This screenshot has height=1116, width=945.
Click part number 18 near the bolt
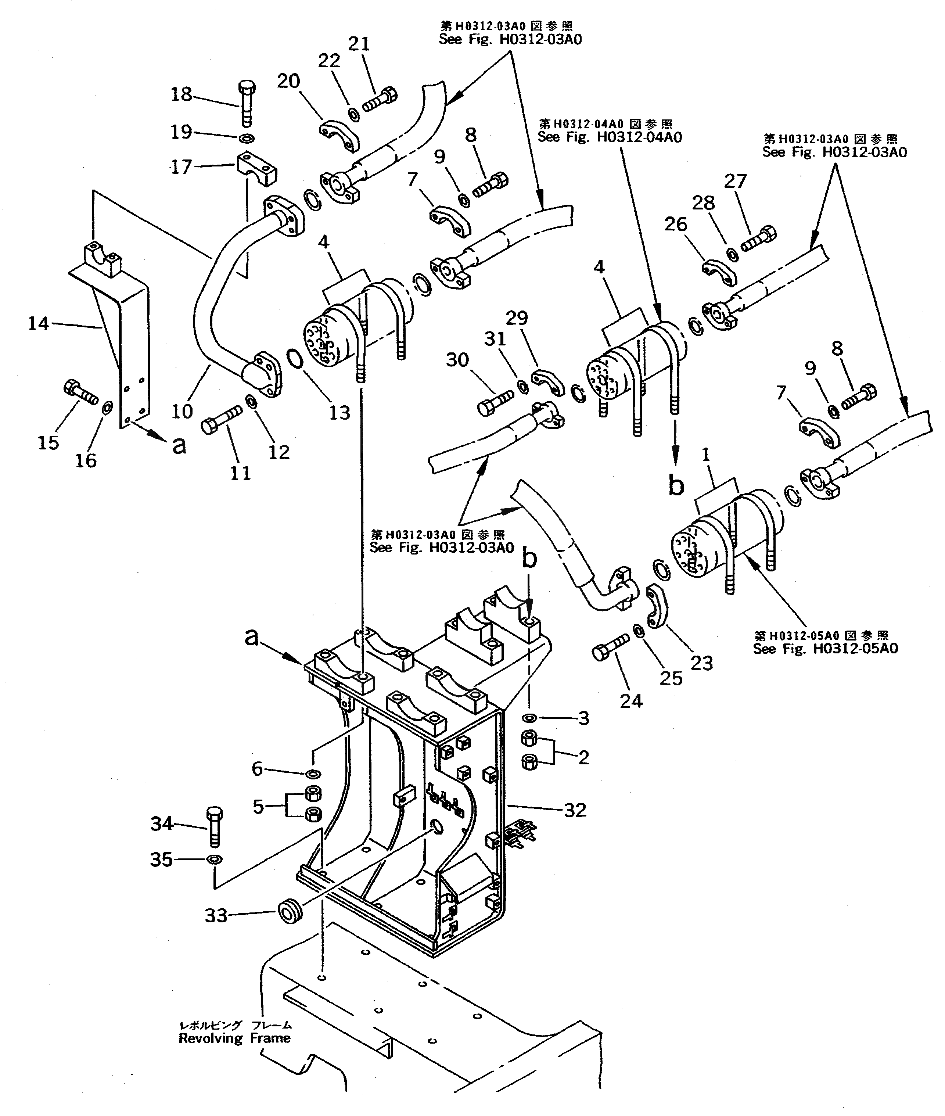point(181,95)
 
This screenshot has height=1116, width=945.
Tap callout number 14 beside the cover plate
point(39,324)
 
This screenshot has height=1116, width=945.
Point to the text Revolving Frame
point(235,1038)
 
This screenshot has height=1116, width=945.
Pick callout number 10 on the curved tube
point(182,412)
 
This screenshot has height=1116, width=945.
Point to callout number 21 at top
point(359,43)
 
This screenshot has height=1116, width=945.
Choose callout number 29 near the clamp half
point(517,318)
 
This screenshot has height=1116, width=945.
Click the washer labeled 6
point(312,774)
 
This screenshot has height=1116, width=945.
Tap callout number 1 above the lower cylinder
point(706,455)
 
